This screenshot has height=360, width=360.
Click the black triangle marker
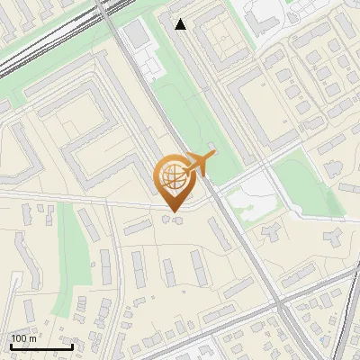tap(181, 24)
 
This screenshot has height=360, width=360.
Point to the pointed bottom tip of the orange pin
tap(174, 212)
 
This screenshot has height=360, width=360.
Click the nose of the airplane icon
tap(214, 157)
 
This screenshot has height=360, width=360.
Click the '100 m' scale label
tap(24, 338)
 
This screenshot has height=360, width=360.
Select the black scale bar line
tap(41, 347)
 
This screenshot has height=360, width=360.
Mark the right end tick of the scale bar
tap(72, 346)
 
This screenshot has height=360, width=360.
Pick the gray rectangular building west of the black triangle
tap(137, 35)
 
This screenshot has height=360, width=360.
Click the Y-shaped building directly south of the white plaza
tap(271, 233)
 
